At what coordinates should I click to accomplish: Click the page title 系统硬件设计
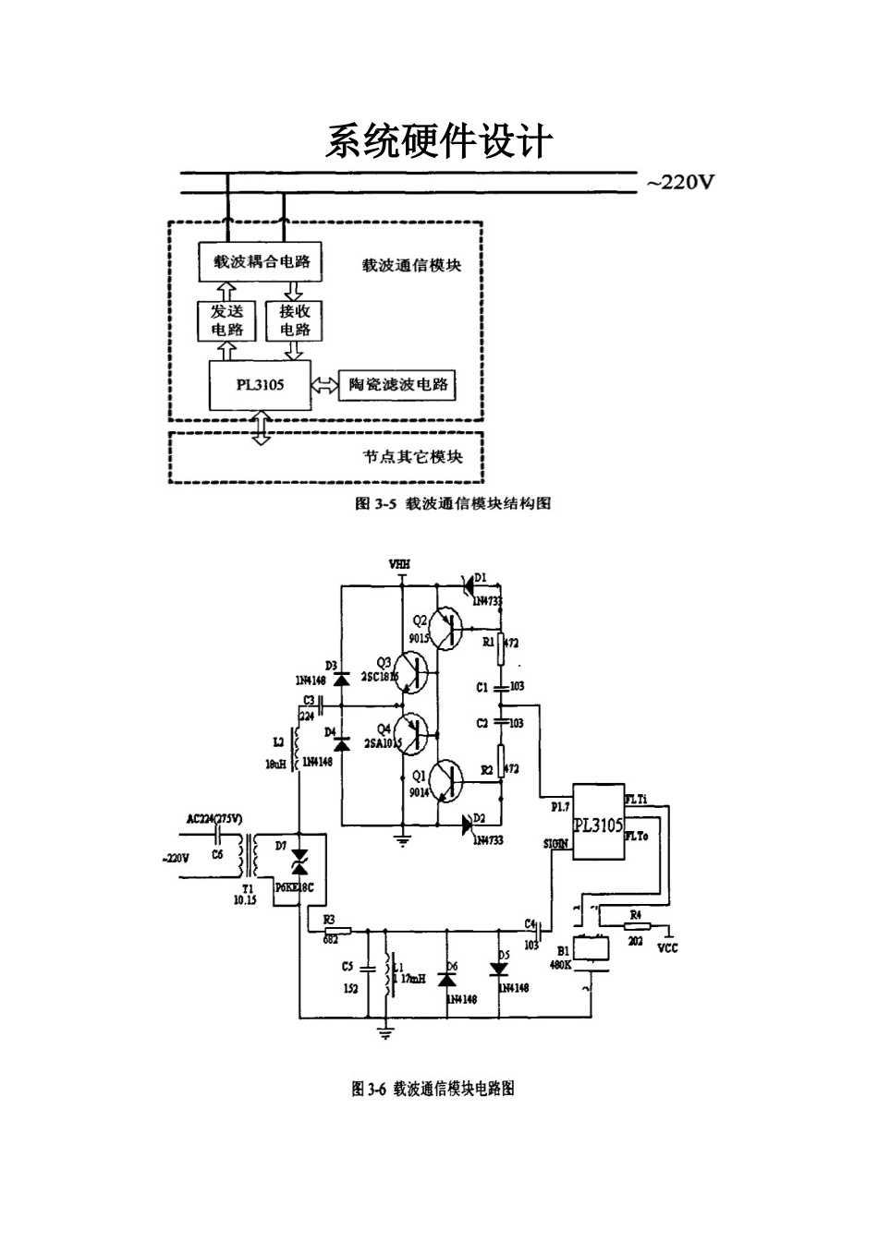pyautogui.click(x=438, y=142)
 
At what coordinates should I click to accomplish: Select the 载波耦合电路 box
pyautogui.click(x=262, y=261)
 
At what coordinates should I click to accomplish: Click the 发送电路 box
pyautogui.click(x=226, y=320)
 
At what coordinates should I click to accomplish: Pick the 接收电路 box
pyautogui.click(x=295, y=320)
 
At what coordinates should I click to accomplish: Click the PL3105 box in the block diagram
pyautogui.click(x=260, y=385)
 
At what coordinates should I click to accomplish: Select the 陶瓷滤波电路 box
pyautogui.click(x=398, y=385)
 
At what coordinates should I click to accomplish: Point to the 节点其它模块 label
pyautogui.click(x=411, y=456)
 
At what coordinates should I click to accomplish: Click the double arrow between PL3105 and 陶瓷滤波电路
pyautogui.click(x=325, y=386)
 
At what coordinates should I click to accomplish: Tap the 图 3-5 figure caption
pyautogui.click(x=453, y=503)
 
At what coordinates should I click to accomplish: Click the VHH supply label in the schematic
pyautogui.click(x=400, y=564)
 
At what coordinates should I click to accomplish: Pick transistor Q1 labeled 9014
pyautogui.click(x=449, y=781)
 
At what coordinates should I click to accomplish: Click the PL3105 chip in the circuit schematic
pyautogui.click(x=598, y=823)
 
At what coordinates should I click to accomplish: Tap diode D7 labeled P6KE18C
pyautogui.click(x=299, y=865)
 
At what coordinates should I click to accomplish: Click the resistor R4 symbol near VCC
pyautogui.click(x=637, y=925)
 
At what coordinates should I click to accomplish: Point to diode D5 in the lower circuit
pyautogui.click(x=499, y=969)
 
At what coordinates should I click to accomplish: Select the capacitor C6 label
pyautogui.click(x=217, y=855)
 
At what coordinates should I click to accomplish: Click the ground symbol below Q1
pyautogui.click(x=402, y=839)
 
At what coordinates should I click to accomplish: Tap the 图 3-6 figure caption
pyautogui.click(x=433, y=1089)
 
